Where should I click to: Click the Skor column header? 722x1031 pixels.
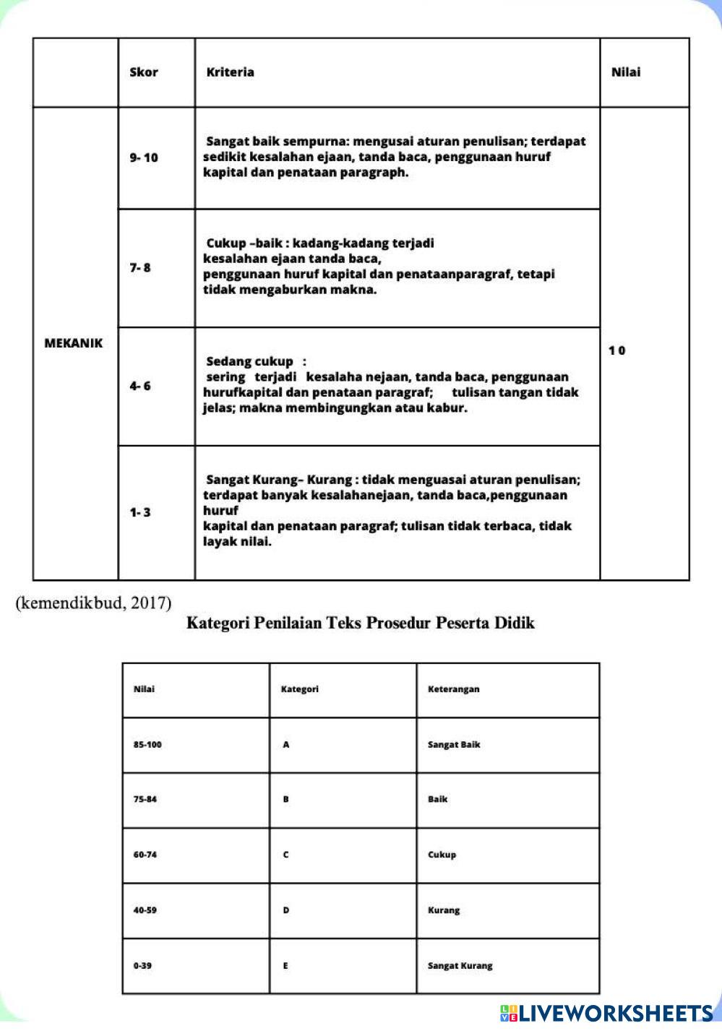(143, 72)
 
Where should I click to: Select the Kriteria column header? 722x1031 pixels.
(230, 72)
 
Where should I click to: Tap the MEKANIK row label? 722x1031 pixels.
(74, 343)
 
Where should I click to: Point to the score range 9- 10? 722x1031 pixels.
(144, 158)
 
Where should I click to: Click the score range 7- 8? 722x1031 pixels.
(140, 267)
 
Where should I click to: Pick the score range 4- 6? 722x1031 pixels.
(140, 386)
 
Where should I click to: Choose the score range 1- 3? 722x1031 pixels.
(140, 512)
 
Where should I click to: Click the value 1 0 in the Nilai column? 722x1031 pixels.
(616, 350)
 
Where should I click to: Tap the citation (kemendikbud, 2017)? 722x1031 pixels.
(93, 603)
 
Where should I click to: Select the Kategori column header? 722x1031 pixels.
(299, 689)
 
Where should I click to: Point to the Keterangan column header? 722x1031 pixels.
(453, 689)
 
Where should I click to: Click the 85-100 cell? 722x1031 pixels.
(147, 745)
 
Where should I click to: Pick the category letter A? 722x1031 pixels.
(286, 745)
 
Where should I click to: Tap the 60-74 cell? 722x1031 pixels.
(145, 855)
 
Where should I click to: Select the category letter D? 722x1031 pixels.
(286, 910)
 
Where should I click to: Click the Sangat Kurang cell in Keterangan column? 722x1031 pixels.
(460, 966)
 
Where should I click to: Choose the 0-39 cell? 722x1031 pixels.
(142, 966)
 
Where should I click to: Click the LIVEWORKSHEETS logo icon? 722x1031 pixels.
(509, 1013)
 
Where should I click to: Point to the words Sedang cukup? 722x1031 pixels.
(250, 361)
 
